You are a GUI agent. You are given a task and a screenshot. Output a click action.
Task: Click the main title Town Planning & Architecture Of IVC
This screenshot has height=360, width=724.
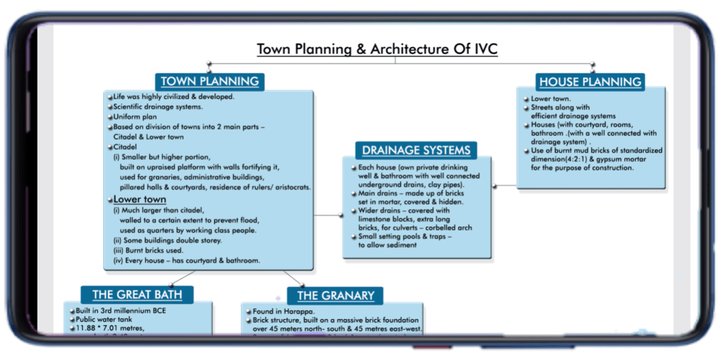pos(378,50)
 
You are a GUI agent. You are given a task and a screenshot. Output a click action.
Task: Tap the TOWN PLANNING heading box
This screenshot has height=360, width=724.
pos(210,81)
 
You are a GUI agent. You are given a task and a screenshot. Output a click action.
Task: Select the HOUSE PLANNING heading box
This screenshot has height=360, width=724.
pos(590,81)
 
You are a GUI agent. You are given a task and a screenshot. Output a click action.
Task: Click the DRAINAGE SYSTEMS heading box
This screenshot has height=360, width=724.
pos(416,150)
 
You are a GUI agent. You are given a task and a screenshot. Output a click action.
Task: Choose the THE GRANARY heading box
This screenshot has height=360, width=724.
pos(336,296)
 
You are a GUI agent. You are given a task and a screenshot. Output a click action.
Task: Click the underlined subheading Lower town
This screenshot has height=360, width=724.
pos(140,199)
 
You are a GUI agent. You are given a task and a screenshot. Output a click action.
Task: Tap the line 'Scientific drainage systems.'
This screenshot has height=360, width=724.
pos(158,107)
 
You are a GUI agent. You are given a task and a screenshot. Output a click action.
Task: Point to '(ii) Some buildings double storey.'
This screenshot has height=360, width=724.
pos(168,240)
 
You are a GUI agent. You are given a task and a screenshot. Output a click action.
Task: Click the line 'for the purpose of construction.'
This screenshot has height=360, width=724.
pos(582,168)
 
